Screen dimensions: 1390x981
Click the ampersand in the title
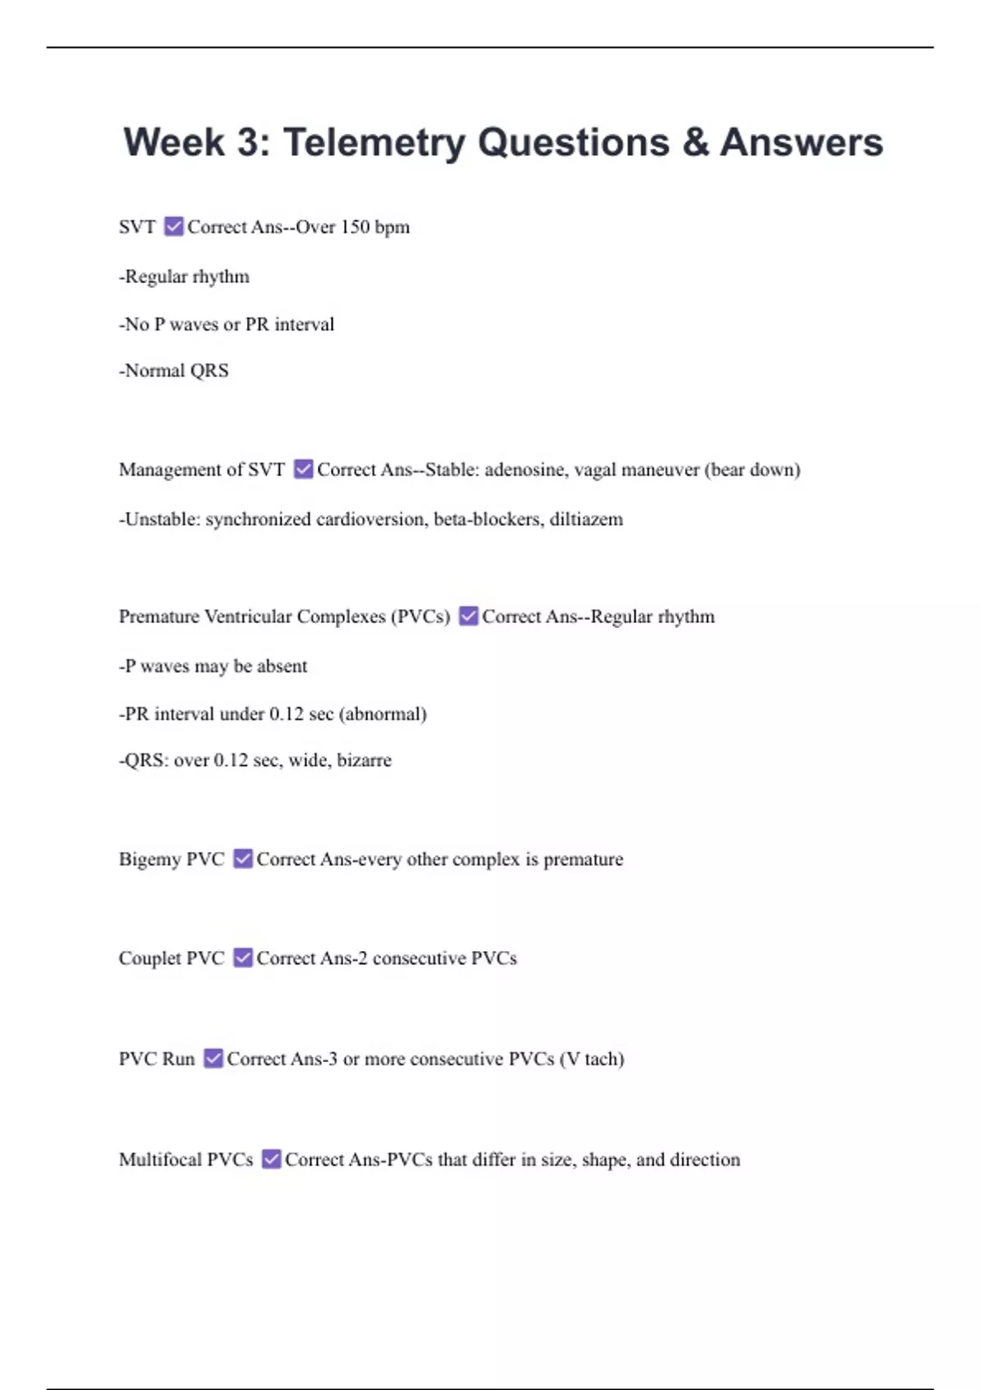click(x=694, y=142)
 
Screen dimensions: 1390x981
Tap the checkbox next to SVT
click(x=173, y=226)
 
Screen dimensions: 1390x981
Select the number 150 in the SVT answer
click(x=355, y=227)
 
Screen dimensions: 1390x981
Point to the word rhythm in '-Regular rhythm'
click(x=221, y=277)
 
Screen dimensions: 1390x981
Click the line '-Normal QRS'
click(x=174, y=370)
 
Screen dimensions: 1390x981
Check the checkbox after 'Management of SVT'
click(x=303, y=469)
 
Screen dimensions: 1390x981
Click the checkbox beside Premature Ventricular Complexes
click(x=468, y=616)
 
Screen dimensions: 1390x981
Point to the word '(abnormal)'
click(x=383, y=714)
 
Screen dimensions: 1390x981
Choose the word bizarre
click(x=364, y=760)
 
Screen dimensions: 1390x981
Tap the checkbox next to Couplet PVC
click(x=243, y=957)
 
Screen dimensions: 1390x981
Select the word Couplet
click(x=150, y=958)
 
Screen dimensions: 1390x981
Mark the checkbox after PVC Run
click(x=213, y=1058)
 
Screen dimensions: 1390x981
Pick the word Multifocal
click(x=159, y=1159)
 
